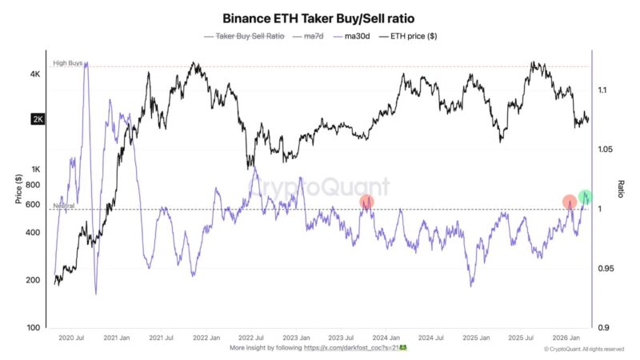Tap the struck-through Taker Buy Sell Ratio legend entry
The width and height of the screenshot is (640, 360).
(246, 36)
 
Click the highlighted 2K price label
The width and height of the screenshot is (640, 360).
(37, 120)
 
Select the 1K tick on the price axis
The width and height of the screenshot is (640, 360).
(35, 169)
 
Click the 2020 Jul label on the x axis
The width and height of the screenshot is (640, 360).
(72, 338)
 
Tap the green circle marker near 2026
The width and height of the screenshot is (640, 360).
(586, 197)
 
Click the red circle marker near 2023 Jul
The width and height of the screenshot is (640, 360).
(366, 202)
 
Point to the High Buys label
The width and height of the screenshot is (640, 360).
(67, 62)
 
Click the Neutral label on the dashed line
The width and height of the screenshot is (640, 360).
(64, 206)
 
